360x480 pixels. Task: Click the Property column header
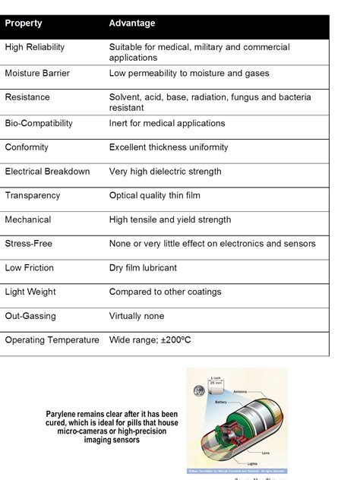[24, 23]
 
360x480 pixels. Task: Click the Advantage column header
[131, 23]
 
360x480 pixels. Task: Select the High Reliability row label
[35, 47]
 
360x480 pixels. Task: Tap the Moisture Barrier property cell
[36, 73]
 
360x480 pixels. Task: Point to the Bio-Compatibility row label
[39, 123]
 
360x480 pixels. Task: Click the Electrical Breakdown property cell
[47, 172]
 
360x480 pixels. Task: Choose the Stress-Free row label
[29, 244]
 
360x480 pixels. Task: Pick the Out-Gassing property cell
[30, 316]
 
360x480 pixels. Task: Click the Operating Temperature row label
[52, 340]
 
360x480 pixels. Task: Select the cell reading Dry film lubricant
[142, 268]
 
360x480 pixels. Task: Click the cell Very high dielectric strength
[165, 172]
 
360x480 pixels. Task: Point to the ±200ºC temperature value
[175, 340]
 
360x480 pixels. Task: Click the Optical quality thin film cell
[155, 196]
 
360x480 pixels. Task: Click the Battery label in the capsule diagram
[220, 402]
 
